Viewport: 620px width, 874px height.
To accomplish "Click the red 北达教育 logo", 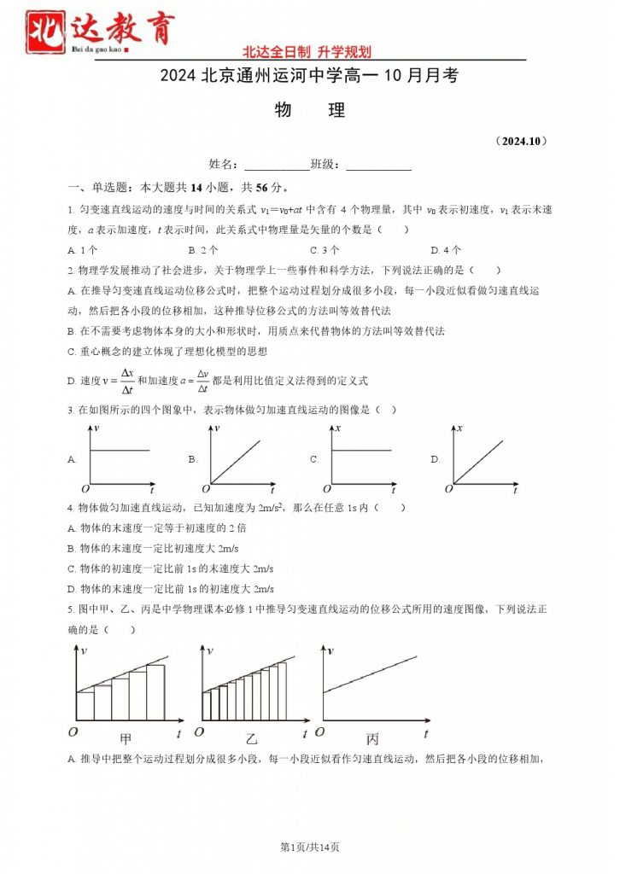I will coord(100,32).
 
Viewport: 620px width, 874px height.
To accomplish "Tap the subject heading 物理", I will coord(310,110).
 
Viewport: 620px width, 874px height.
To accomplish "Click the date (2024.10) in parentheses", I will coord(520,140).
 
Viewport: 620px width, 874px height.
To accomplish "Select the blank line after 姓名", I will coord(277,164).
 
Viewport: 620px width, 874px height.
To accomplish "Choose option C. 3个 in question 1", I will coord(325,250).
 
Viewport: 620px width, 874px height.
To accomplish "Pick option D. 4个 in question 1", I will coord(446,250).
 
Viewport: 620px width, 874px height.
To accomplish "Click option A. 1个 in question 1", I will coord(82,250).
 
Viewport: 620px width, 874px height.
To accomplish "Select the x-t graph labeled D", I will coord(483,458).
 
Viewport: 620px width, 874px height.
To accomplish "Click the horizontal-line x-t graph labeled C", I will coord(359,458).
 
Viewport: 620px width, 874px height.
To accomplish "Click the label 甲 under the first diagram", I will coord(126,736).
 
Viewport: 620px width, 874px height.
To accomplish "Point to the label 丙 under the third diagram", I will coord(372,736).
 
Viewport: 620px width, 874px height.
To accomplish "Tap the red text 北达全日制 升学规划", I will coord(307,52).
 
